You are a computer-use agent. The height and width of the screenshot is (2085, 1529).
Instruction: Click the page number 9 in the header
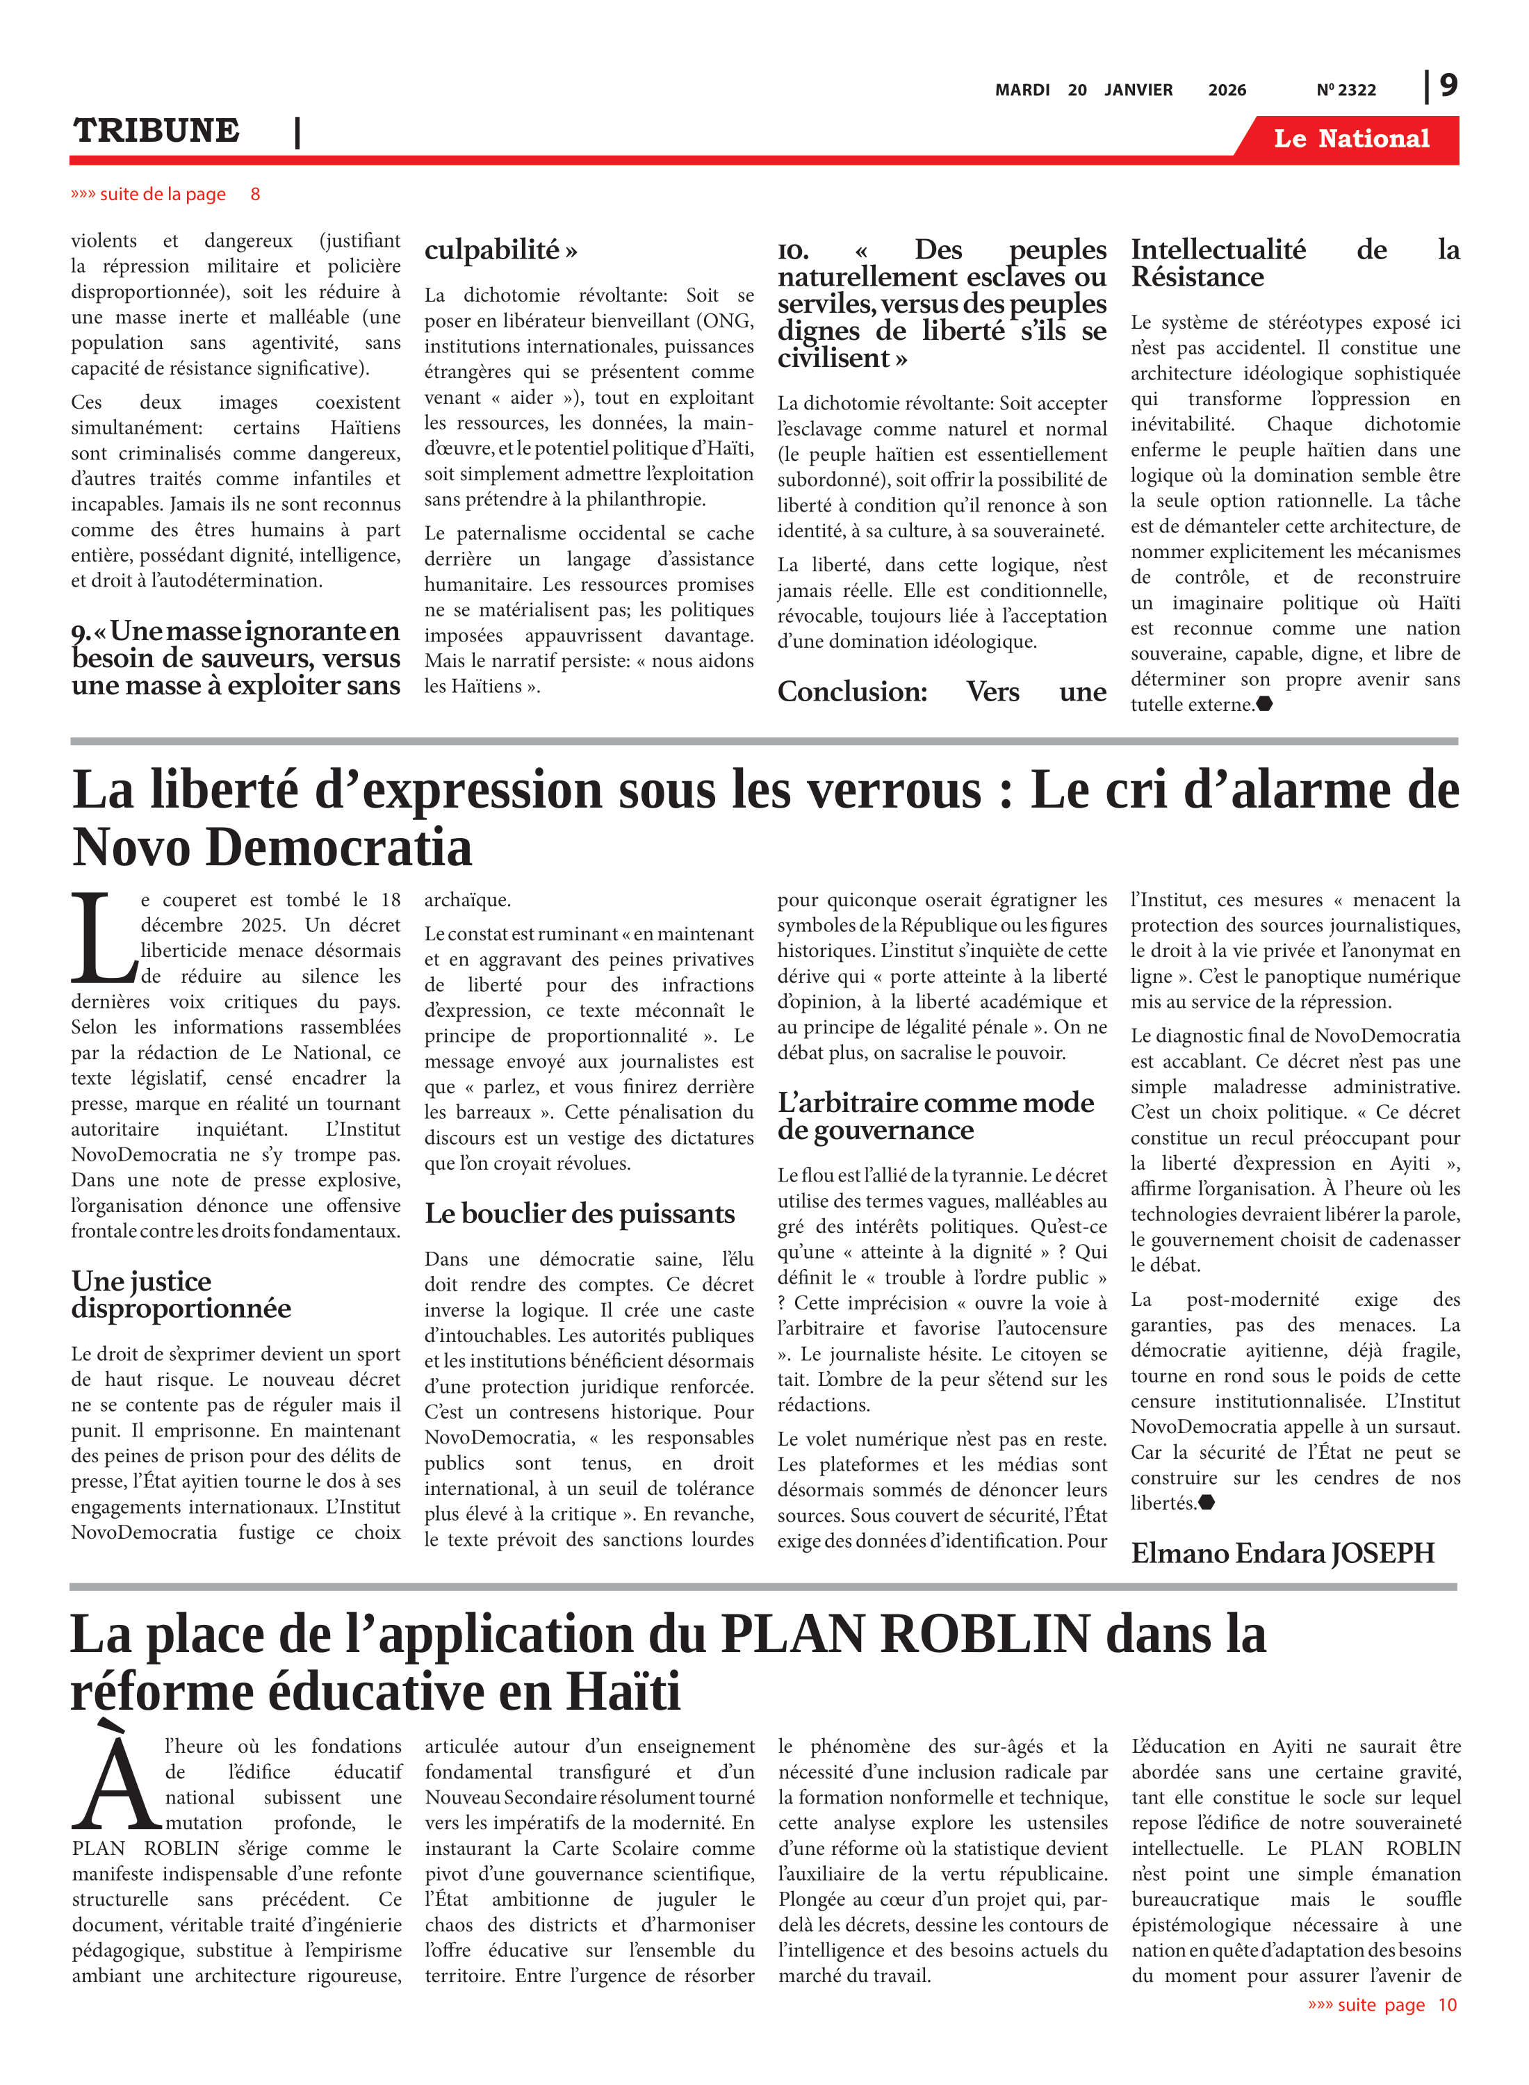[x=1448, y=85]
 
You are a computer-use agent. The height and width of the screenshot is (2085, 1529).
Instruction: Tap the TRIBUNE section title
[x=156, y=131]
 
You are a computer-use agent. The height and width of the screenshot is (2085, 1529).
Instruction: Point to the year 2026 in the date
[x=1227, y=90]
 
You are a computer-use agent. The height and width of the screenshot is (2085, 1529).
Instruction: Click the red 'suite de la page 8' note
[x=165, y=195]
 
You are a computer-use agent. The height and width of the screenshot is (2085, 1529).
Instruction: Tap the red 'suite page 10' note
[x=1382, y=2004]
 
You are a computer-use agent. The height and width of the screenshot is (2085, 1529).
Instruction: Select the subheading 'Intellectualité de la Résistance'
[x=1294, y=263]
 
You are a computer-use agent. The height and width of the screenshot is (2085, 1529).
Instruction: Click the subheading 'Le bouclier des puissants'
[x=580, y=1213]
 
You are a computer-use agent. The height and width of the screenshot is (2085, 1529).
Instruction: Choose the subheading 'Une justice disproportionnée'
[x=181, y=1295]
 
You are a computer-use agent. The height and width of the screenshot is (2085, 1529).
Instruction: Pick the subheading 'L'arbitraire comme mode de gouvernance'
[x=935, y=1116]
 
